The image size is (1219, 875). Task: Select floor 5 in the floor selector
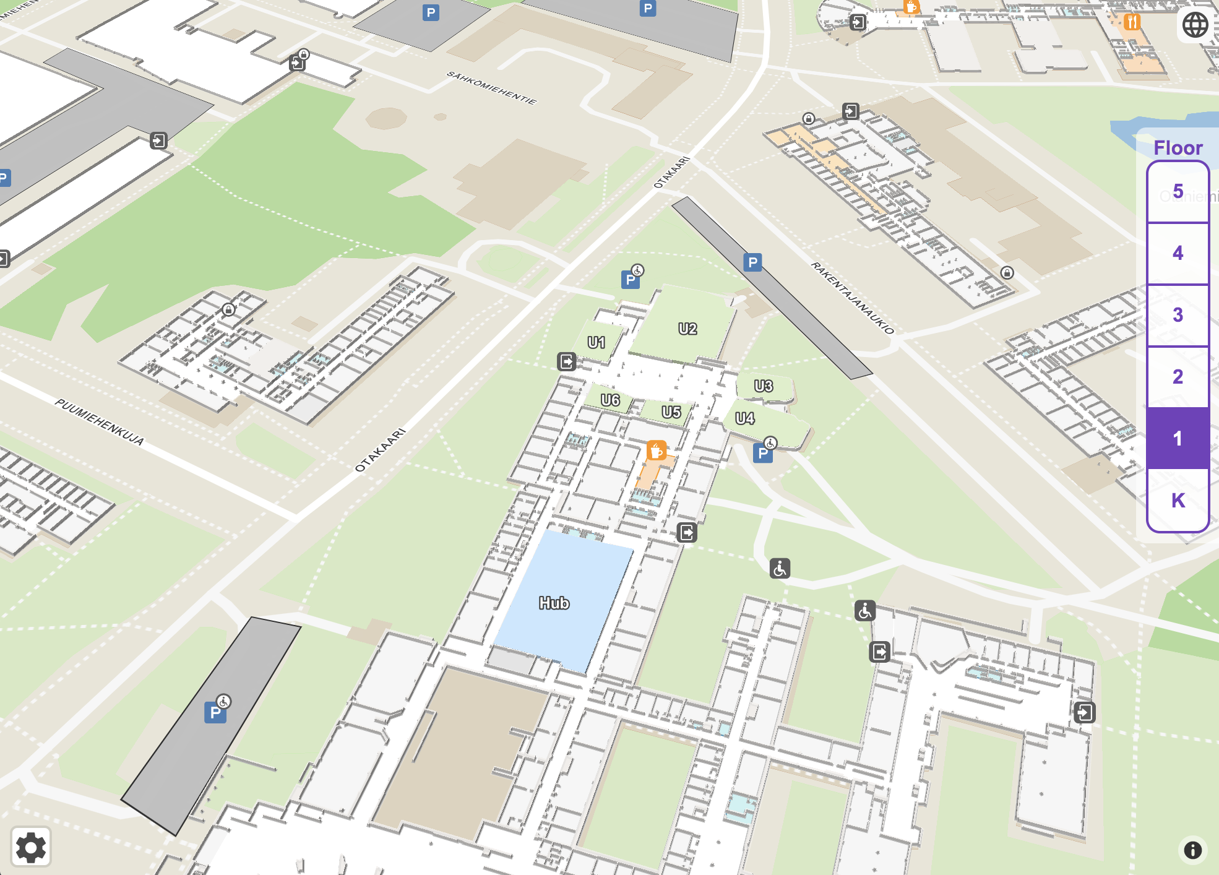coord(1178,192)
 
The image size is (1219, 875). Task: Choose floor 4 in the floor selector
coord(1178,253)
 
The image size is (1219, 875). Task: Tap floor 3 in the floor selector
coord(1178,315)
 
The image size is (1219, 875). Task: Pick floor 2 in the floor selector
coord(1178,377)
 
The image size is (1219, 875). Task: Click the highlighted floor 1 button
coord(1178,438)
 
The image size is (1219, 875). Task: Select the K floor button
coord(1178,500)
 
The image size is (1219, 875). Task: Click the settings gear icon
coord(31,847)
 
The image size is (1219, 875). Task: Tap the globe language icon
coord(1195,25)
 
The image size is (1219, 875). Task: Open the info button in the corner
coord(1192,850)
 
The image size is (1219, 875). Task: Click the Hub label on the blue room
coord(554,603)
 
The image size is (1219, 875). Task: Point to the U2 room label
coord(687,329)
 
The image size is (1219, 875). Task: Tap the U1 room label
coord(596,342)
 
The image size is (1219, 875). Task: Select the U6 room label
coord(610,400)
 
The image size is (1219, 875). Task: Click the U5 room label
coord(671,412)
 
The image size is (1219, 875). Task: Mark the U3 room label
coord(763,386)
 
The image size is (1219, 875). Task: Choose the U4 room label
coord(744,418)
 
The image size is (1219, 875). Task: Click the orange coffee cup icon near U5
coord(656,450)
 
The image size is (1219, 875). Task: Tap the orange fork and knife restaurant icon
coord(1132,22)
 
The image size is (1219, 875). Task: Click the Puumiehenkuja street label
coord(100,422)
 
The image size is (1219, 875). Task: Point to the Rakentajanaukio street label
coord(852,298)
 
